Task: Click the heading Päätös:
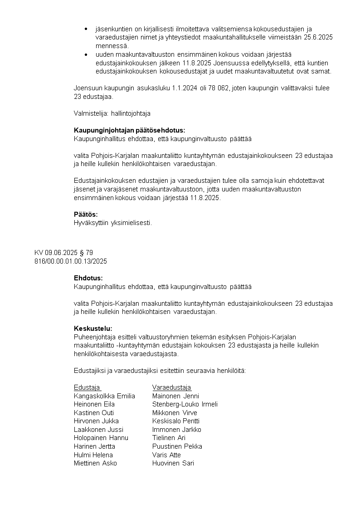(86, 214)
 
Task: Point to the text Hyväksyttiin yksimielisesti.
(113, 223)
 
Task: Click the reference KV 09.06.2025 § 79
(63, 253)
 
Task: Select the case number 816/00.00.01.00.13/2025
(71, 261)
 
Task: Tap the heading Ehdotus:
(88, 278)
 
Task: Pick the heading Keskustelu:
(92, 328)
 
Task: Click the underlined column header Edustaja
(87, 387)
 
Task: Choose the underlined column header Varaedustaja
(172, 387)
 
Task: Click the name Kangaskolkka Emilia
(104, 396)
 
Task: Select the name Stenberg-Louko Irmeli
(185, 404)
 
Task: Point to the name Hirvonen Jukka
(96, 421)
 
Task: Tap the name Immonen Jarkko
(177, 430)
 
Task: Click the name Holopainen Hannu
(101, 438)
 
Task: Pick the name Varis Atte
(166, 455)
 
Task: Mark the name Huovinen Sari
(173, 463)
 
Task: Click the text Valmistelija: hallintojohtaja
(112, 113)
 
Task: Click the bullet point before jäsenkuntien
(86, 29)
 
